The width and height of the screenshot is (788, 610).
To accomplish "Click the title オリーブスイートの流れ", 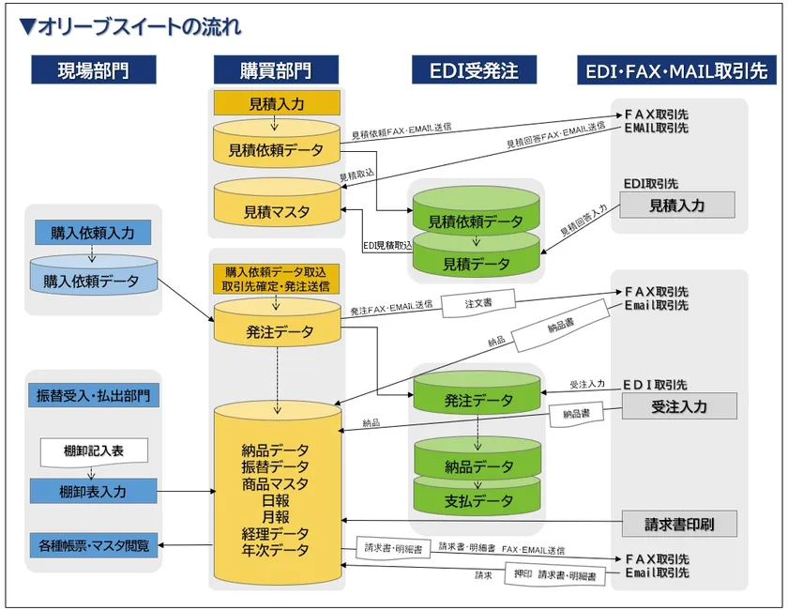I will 131,27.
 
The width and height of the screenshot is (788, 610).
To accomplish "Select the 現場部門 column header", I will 93,70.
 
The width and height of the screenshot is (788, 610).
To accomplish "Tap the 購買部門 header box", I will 276,70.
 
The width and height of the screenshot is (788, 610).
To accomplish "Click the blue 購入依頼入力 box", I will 93,233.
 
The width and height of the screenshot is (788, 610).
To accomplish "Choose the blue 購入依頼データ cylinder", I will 93,279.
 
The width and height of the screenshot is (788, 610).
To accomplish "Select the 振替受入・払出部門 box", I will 93,395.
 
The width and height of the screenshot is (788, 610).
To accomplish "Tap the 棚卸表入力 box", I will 93,491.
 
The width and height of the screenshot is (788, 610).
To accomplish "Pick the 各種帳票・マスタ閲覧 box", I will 93,545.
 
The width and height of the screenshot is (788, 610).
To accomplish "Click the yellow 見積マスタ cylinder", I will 276,212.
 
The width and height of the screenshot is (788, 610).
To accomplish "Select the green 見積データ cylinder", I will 477,263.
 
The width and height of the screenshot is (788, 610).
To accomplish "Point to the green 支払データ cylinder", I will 478,501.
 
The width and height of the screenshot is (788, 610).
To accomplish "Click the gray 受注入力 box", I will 678,406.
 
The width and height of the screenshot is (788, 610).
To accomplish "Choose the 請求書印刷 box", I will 678,525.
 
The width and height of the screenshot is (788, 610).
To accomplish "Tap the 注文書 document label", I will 478,303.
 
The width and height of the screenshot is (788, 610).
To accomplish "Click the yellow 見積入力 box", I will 276,103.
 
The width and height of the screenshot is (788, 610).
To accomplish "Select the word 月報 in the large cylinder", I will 276,517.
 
